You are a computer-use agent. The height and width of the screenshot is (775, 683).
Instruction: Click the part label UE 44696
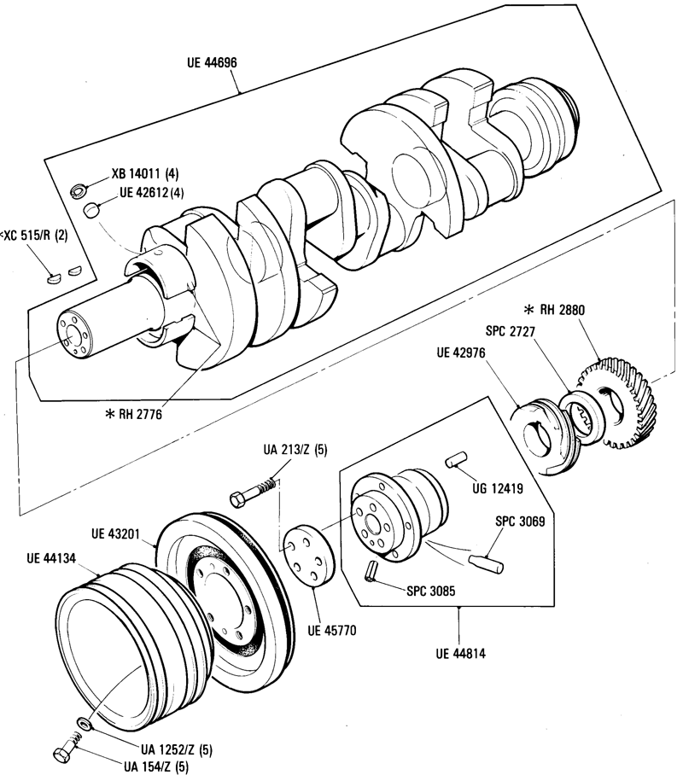click(212, 63)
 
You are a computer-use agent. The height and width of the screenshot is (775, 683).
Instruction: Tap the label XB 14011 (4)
click(145, 173)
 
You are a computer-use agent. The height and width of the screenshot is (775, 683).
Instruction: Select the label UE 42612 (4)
click(151, 192)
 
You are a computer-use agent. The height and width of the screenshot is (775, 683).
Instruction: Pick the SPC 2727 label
click(511, 330)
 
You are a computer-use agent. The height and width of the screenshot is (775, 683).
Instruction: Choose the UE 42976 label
click(461, 353)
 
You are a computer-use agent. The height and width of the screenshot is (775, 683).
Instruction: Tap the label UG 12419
click(498, 489)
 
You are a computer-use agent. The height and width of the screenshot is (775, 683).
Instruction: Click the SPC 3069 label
click(520, 521)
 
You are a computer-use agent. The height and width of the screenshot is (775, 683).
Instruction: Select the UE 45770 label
click(331, 631)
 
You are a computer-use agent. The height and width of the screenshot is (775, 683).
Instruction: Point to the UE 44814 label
click(460, 654)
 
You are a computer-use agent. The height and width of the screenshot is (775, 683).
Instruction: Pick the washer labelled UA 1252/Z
click(85, 723)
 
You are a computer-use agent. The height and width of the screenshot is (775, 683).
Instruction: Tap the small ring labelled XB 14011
click(78, 189)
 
